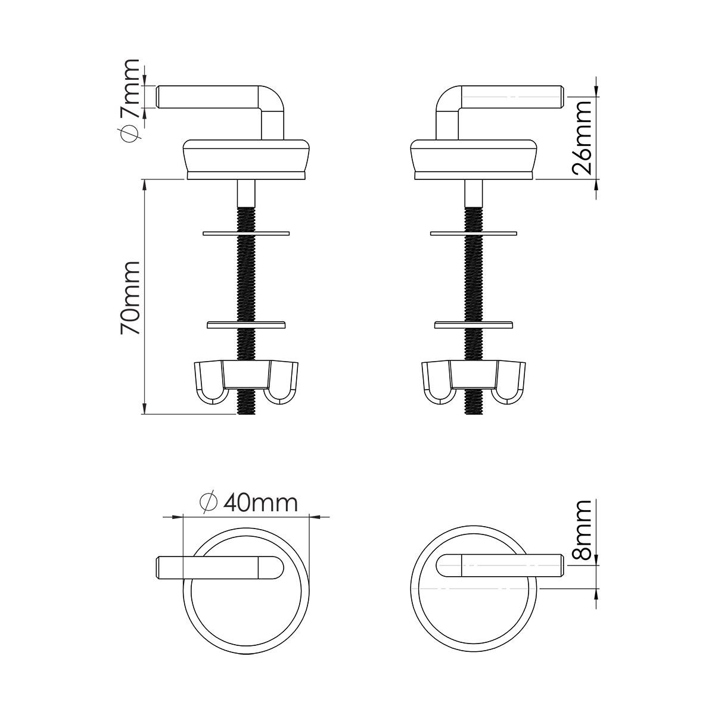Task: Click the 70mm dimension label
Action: (x=130, y=298)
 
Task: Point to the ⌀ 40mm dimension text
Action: (x=248, y=503)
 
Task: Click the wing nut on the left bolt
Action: (x=246, y=382)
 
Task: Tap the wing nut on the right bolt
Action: (x=474, y=382)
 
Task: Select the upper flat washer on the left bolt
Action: (x=246, y=234)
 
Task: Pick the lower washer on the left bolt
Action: (x=246, y=325)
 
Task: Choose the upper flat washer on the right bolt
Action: (x=474, y=234)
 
